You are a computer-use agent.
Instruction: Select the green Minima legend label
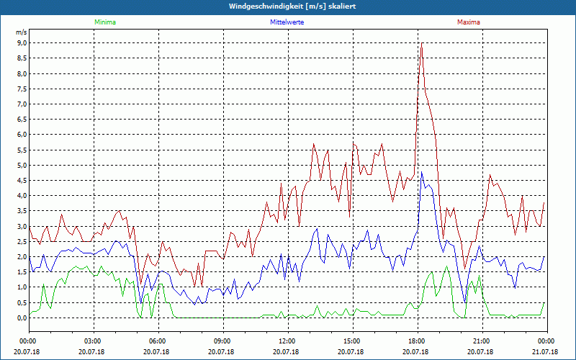click(x=104, y=22)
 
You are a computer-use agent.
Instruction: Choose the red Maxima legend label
click(x=468, y=22)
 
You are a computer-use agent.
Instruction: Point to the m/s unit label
click(x=22, y=33)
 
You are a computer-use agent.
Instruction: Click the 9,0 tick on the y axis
click(x=22, y=43)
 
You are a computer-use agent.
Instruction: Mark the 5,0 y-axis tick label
click(x=22, y=165)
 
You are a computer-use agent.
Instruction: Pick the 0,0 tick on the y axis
click(x=22, y=318)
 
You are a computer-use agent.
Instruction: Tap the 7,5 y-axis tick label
click(x=22, y=89)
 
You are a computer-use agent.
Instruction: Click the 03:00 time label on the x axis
click(x=93, y=341)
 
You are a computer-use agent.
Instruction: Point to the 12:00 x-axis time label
click(x=287, y=341)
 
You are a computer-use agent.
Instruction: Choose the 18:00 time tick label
click(x=416, y=341)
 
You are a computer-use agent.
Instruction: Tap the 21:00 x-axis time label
click(x=481, y=341)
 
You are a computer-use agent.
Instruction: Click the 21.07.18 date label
click(x=546, y=352)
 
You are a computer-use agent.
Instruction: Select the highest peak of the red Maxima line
click(x=421, y=46)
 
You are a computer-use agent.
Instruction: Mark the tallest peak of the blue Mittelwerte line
click(x=421, y=173)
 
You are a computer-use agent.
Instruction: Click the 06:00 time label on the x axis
click(x=158, y=341)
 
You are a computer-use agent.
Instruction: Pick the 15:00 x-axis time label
click(x=351, y=341)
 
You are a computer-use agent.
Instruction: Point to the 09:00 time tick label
click(x=222, y=341)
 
